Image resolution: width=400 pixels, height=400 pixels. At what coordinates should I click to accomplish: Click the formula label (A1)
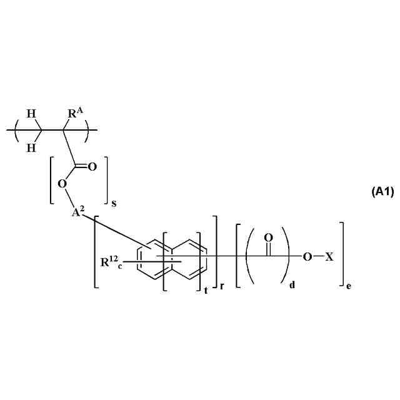pos(382,192)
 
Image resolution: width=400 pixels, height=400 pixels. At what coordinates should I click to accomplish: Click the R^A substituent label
pos(76,114)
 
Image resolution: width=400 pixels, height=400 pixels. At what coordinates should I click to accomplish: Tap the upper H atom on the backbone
pos(31,114)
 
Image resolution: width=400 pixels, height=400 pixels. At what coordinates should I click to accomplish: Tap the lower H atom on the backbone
pos(31,147)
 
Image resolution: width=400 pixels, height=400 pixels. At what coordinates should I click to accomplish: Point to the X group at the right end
pos(329,257)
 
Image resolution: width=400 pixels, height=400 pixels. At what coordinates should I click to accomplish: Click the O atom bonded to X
pos(306,257)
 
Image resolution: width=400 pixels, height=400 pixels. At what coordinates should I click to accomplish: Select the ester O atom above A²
pos(61,184)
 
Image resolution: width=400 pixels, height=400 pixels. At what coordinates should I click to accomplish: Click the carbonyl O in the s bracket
pos(92,166)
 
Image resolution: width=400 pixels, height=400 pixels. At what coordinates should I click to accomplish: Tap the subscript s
pos(114,203)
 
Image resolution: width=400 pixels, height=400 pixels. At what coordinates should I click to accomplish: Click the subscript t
pos(206,290)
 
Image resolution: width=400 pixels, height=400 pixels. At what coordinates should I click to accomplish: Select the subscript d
pos(292,287)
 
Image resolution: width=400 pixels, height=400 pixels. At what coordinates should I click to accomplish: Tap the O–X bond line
pos(317,257)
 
